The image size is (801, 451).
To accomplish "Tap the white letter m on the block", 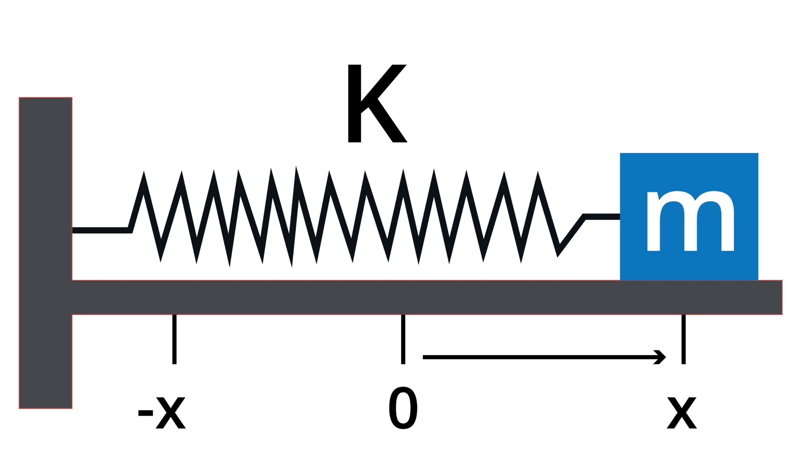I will pyautogui.click(x=690, y=221).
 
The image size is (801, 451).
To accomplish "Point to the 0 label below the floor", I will pyautogui.click(x=403, y=408).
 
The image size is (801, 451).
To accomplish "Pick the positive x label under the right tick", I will pyautogui.click(x=682, y=413).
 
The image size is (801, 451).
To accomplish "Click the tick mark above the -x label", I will pyautogui.click(x=175, y=339).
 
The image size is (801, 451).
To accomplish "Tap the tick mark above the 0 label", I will pyautogui.click(x=403, y=339).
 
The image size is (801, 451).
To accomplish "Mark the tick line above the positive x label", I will pyautogui.click(x=684, y=339).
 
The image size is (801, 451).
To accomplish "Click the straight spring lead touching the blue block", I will pyautogui.click(x=602, y=217).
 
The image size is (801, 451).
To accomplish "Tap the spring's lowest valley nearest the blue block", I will pyautogui.click(x=558, y=254).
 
